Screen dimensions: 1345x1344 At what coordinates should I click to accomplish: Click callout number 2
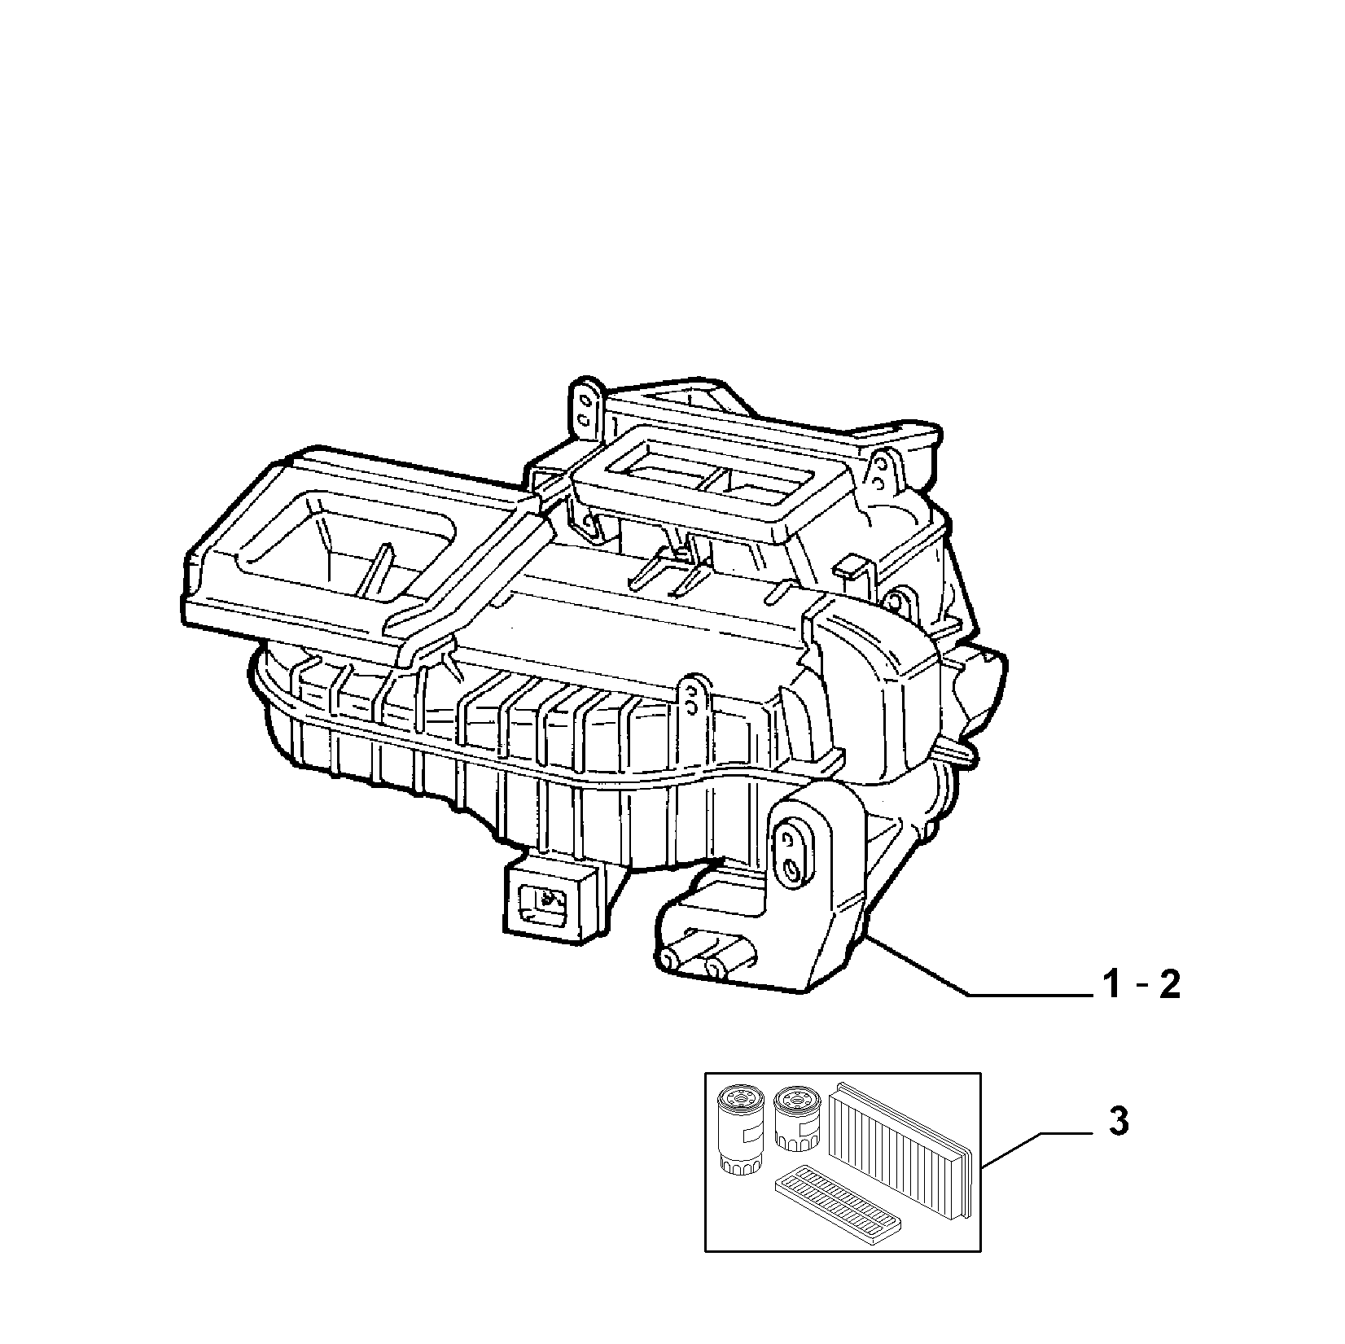point(1168,987)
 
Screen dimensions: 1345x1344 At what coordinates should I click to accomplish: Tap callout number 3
point(1119,1123)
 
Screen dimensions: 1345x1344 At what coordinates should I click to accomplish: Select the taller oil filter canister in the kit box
point(738,1129)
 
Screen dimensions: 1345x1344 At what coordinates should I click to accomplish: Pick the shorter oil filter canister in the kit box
point(795,1119)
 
